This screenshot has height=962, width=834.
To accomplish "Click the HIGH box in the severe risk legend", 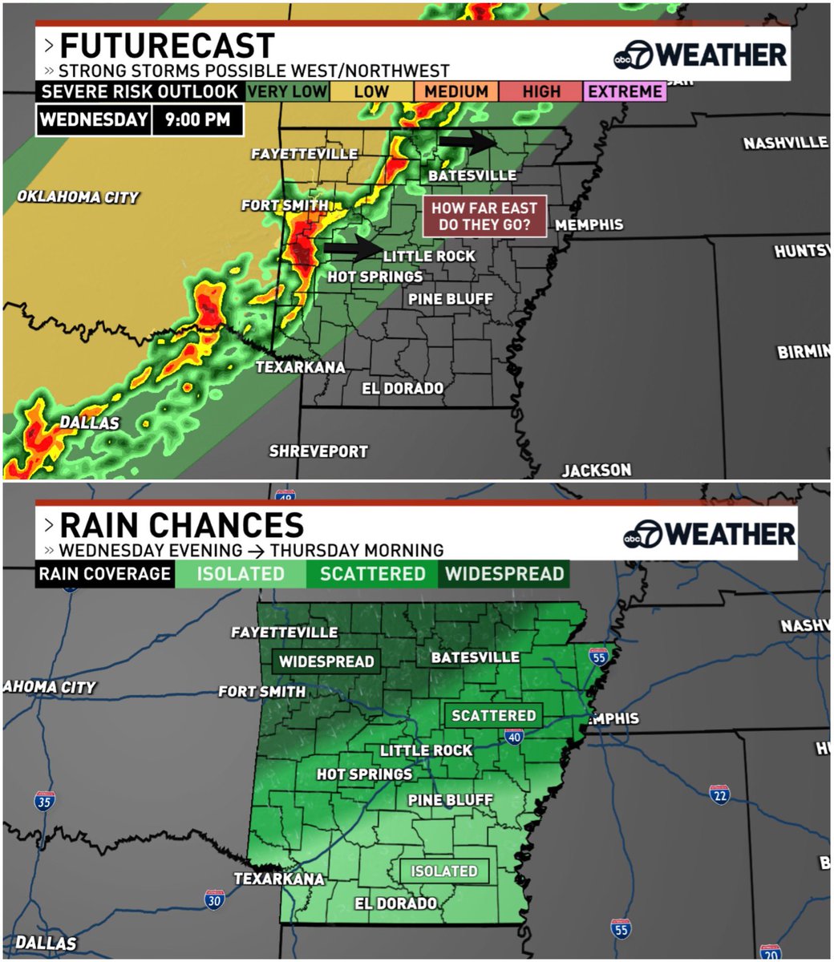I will (541, 91).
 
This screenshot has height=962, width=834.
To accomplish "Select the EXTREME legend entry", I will (625, 91).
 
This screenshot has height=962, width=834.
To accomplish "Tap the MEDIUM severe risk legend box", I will (456, 91).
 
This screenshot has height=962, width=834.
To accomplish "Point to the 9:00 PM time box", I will (197, 120).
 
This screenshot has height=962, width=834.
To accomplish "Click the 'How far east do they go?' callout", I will (484, 216).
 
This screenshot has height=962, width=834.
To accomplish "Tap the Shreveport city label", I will (318, 451).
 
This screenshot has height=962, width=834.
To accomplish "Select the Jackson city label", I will (596, 470).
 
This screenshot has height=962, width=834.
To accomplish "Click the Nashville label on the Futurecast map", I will (785, 143).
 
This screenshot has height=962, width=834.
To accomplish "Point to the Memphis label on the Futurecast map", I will (589, 224).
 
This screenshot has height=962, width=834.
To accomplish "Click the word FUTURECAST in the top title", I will (167, 46).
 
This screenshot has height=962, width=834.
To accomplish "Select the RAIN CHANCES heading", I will (181, 525).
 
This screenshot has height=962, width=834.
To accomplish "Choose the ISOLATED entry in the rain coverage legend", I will (241, 574).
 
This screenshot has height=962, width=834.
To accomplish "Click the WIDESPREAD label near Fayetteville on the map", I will (326, 661).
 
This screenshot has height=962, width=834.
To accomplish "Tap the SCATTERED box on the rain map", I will (493, 715).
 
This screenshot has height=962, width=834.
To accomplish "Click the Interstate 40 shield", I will (515, 737).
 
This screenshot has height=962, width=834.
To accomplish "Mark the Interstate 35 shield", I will (45, 800).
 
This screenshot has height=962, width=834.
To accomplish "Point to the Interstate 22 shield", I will (719, 794).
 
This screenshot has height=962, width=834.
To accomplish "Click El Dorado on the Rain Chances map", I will (396, 903).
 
